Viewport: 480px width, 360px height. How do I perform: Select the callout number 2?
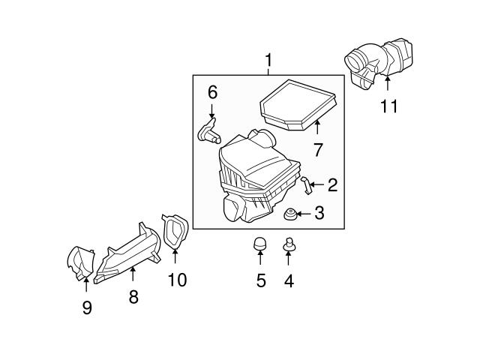(332, 184)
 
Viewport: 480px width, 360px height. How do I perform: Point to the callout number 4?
(289, 281)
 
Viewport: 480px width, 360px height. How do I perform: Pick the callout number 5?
(261, 281)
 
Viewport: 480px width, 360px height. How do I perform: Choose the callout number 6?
(212, 92)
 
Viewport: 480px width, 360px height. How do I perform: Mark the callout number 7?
(317, 149)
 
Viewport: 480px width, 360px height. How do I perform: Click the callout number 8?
(133, 297)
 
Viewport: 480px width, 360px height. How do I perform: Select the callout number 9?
(87, 307)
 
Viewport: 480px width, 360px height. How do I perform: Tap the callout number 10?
(177, 280)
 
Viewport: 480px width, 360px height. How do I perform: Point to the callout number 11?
(388, 106)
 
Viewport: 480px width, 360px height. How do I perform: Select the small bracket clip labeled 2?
(305, 184)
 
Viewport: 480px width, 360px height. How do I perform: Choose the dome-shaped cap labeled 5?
(260, 244)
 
